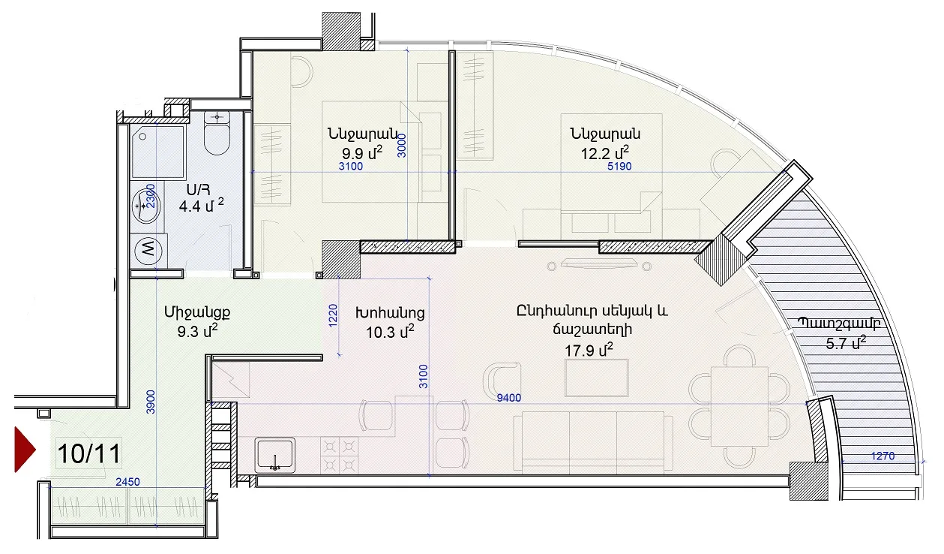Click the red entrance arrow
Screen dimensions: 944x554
coord(25,450)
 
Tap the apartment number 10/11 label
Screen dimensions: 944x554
coord(89,453)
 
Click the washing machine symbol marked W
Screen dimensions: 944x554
coord(148,250)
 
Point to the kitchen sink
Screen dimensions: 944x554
coord(274,455)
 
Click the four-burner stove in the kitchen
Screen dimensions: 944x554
coord(339,455)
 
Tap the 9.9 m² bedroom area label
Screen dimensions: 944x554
coord(362,152)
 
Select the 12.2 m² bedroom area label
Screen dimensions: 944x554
coord(605,152)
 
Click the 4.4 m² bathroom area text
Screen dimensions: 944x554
coord(201,206)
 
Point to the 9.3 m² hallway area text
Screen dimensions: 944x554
coord(197,331)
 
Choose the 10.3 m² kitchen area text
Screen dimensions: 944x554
coord(390,332)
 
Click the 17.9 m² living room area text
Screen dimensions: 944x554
coord(589,350)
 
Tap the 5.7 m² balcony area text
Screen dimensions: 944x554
coord(846,343)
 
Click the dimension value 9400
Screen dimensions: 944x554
coord(508,397)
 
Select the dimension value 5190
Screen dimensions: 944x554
coord(619,166)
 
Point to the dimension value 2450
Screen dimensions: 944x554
coord(127,481)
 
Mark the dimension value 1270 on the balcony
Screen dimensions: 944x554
coord(883,456)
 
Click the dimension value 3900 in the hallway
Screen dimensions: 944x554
coord(151,402)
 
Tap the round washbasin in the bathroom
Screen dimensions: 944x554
coord(145,206)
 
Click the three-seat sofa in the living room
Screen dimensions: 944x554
coord(593,442)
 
